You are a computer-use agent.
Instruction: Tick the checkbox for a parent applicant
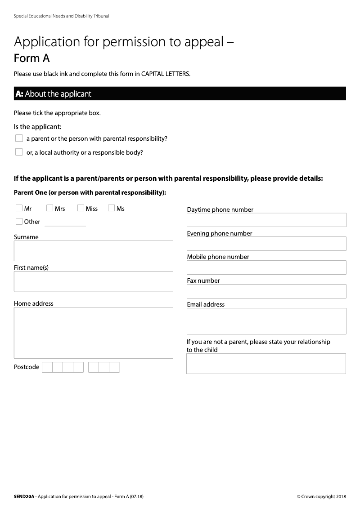[19, 138]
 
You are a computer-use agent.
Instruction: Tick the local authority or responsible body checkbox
[19, 152]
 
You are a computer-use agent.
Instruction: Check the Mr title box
[19, 208]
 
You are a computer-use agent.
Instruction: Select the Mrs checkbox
[49, 208]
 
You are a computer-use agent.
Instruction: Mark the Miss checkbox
[81, 208]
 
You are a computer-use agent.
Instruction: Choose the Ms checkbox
[111, 208]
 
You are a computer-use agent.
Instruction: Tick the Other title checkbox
[19, 221]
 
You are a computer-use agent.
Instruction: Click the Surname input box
[93, 250]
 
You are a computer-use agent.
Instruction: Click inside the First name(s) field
[93, 281]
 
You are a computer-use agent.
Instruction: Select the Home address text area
[93, 333]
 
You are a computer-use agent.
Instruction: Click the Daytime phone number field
[266, 220]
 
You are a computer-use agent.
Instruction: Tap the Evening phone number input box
[266, 244]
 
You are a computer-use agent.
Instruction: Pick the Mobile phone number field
[266, 267]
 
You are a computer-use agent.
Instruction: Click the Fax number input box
[266, 291]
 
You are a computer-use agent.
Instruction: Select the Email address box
[266, 321]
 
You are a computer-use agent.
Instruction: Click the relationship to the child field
[266, 364]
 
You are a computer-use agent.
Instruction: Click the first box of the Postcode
[47, 367]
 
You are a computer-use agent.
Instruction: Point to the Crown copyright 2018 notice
[321, 497]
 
